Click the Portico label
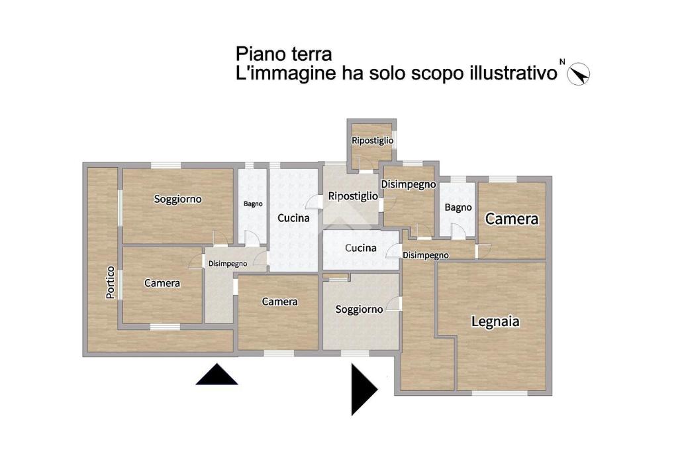[111, 282]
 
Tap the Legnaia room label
[495, 321]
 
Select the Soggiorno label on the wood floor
[177, 199]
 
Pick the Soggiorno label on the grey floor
[359, 310]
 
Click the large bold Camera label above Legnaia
[512, 219]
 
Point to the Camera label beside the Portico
[162, 283]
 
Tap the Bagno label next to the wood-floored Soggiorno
[253, 204]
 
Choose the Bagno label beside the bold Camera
[458, 208]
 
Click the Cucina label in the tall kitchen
[293, 218]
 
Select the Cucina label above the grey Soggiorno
[361, 248]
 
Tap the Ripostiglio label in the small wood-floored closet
[372, 141]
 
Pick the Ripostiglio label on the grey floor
[353, 196]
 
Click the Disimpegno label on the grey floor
[228, 264]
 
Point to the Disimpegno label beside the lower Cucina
[426, 255]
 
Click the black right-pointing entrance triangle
[365, 389]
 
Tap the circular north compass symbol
[579, 74]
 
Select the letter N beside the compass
[562, 62]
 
